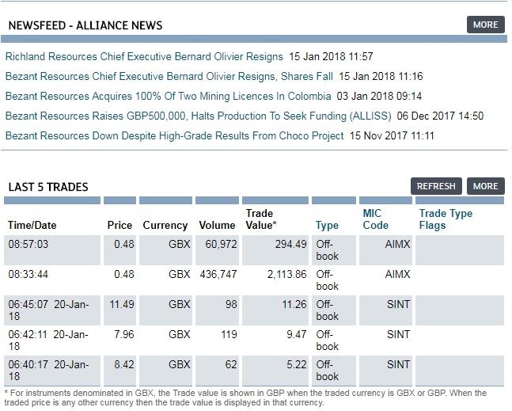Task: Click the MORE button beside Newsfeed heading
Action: coord(485,25)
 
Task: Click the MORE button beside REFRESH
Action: coord(485,186)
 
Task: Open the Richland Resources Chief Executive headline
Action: coord(144,57)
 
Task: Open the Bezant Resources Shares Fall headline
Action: coord(169,77)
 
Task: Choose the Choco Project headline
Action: coord(174,136)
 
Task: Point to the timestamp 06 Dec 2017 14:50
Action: coord(451,116)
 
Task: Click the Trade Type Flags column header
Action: coord(446,219)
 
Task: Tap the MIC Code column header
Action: coord(375,219)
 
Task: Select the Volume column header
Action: coord(217,226)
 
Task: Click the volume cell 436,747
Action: coord(215,274)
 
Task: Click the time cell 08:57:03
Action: coord(28,244)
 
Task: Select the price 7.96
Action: coord(123,334)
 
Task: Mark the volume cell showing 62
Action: coord(229,364)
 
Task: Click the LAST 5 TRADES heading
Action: coord(48,187)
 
